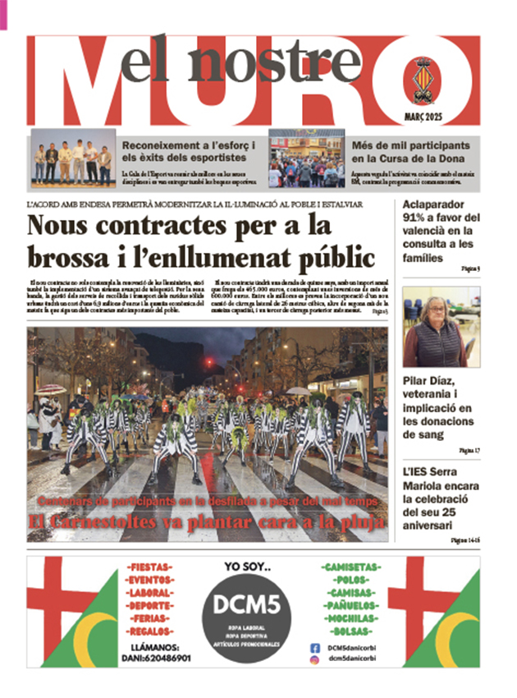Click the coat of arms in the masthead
click(421, 80)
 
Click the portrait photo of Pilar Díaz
click(441, 326)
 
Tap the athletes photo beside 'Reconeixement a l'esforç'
click(72, 157)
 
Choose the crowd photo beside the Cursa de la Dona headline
click(306, 157)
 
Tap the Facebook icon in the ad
click(315, 648)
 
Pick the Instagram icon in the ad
click(315, 660)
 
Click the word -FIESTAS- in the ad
click(150, 567)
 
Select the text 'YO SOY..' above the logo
click(247, 567)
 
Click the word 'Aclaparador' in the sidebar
click(442, 204)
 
